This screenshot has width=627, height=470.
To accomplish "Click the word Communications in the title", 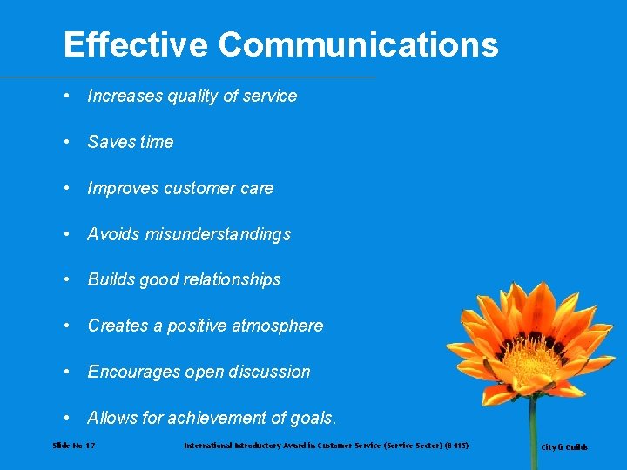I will tap(358, 44).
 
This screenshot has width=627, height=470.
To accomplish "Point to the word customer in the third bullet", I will tap(203, 188).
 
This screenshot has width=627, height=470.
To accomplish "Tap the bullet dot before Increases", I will tap(68, 96).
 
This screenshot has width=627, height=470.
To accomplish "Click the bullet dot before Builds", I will tap(68, 279).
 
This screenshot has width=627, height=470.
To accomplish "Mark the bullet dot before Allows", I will tap(68, 418).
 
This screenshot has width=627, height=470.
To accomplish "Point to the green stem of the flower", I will tap(532, 435).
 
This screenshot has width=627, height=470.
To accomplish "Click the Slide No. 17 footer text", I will tap(74, 446).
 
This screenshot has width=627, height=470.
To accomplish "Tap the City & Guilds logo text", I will tap(564, 447).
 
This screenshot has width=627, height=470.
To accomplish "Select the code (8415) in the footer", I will tap(455, 446).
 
